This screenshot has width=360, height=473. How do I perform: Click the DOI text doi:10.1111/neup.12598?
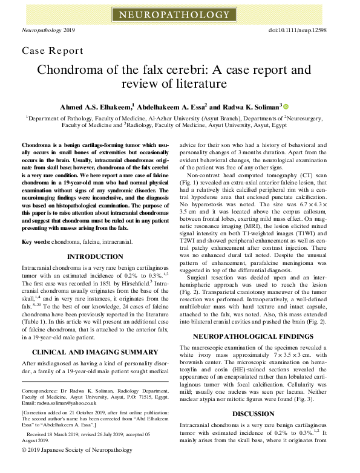306,29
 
